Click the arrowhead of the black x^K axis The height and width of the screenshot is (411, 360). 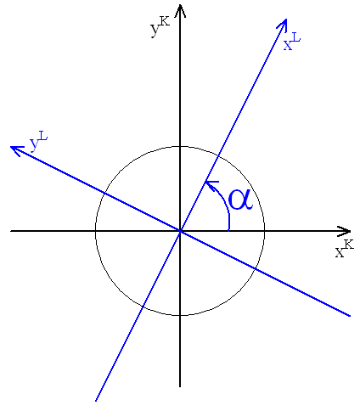point(346,231)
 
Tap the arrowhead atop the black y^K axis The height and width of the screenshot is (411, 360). point(180,10)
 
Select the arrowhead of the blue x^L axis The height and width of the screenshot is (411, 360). point(284,23)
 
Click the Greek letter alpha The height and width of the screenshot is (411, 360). point(240,200)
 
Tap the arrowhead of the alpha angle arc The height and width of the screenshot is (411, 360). point(210,184)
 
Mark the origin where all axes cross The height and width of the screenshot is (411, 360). point(180,231)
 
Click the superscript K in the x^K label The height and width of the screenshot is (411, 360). point(348,245)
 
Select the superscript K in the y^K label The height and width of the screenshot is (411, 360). point(165,21)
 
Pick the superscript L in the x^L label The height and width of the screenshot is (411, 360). point(295,37)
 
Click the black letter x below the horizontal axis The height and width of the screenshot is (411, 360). point(340,252)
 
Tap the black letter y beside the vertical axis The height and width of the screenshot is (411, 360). point(155,30)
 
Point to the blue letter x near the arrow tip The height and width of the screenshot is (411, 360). point(288,46)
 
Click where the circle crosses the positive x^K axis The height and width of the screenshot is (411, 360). point(264,231)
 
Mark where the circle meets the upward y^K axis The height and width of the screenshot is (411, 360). point(180,147)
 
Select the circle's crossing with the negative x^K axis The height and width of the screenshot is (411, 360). point(96,231)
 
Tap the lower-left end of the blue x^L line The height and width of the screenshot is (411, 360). point(96,400)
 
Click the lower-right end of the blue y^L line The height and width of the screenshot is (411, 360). point(350,316)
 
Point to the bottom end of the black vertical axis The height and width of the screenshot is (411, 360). point(180,386)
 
